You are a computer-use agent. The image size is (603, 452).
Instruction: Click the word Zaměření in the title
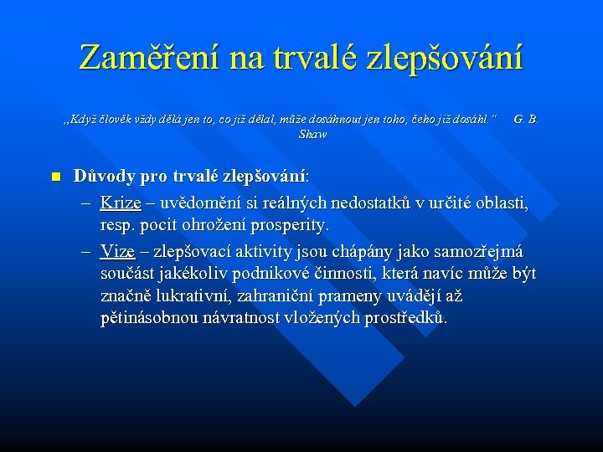[x=141, y=58]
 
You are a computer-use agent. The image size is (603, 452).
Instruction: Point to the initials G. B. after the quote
[x=526, y=120]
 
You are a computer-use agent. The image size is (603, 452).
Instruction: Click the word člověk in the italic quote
[x=116, y=120]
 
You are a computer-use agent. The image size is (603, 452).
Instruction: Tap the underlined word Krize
[x=121, y=203]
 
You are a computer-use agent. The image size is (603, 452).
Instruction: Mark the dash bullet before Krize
[x=86, y=203]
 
